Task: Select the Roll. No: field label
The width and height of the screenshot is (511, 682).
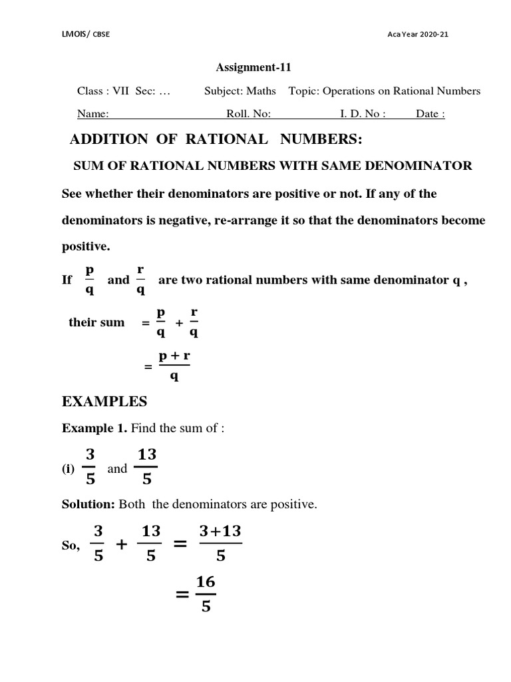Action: coord(248,114)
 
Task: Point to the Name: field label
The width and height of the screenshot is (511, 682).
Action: coord(92,114)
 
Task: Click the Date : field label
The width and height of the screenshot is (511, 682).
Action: coord(430,114)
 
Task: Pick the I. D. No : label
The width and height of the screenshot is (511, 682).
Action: coord(363,114)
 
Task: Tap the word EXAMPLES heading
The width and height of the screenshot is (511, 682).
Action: coord(104,402)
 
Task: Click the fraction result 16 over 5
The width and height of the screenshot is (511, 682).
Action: coord(206,594)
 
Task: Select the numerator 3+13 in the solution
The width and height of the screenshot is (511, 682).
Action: coord(220,530)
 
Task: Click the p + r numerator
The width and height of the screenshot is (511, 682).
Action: coord(174,356)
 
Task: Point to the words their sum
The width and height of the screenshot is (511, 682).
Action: coord(96,322)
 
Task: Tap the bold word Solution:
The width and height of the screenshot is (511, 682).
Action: coord(88,505)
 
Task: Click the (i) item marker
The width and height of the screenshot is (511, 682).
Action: coord(68,470)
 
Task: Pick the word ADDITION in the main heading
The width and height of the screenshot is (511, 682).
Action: coord(109,139)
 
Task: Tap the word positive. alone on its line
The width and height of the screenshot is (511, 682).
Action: coord(86,246)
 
